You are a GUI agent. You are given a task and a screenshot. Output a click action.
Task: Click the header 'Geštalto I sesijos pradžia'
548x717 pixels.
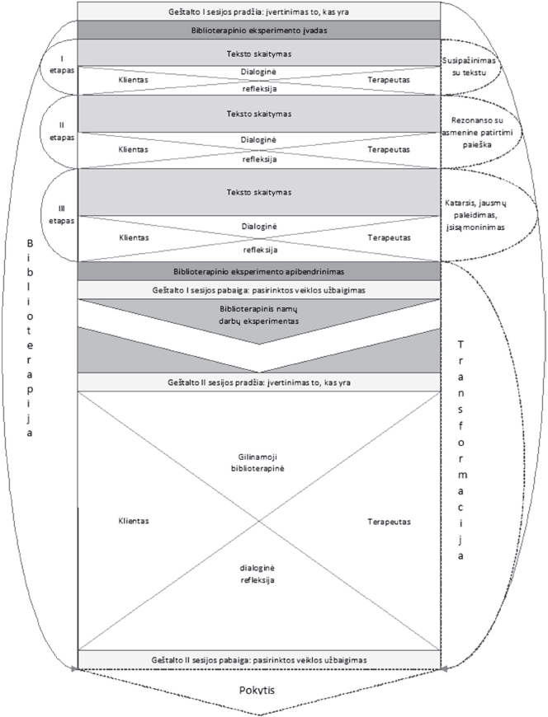pos(258,12)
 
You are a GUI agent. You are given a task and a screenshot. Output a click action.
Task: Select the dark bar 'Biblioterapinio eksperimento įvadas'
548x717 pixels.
pos(258,30)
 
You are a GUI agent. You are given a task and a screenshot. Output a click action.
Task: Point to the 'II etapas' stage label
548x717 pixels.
pos(62,130)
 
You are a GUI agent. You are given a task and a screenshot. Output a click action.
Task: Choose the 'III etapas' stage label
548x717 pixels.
pos(62,215)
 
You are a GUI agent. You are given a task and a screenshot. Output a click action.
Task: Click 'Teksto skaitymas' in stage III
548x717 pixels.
pos(258,191)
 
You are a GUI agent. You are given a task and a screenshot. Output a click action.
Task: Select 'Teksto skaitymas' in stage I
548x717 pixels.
pos(258,52)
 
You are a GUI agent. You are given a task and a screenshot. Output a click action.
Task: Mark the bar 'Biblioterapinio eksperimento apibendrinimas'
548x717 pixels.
pos(258,271)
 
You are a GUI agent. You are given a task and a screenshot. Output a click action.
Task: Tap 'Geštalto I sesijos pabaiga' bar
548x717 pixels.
pos(258,290)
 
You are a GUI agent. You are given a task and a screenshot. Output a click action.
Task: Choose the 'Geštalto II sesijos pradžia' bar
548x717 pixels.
pos(258,382)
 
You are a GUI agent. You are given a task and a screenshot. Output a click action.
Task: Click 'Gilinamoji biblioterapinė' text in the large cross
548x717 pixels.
pos(258,470)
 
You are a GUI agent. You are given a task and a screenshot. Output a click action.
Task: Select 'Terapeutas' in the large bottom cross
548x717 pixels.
pos(389,522)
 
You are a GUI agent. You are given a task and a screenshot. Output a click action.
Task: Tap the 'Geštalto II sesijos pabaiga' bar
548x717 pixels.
pos(258,660)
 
